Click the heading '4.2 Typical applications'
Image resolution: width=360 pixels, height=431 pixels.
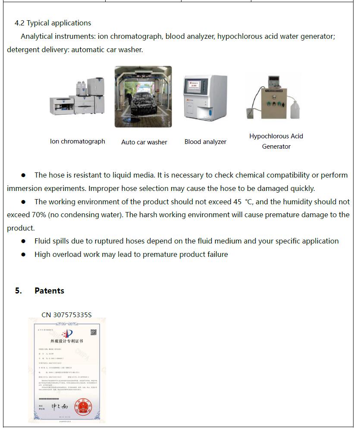tap(53, 23)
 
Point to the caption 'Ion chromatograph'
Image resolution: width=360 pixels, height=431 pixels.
tap(78, 141)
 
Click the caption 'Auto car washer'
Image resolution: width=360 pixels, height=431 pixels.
tap(144, 142)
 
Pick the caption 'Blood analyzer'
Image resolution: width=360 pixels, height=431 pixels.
tap(205, 142)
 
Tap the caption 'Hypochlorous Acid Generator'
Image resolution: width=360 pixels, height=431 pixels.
tap(276, 141)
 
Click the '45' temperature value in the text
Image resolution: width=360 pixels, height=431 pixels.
tap(237, 202)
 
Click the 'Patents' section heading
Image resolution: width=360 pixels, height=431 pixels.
tap(49, 290)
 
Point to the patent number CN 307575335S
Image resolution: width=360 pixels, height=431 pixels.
tap(66, 315)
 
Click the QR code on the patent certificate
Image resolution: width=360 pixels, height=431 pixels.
tap(93, 332)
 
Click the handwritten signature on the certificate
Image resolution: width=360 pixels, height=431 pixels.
tap(59, 406)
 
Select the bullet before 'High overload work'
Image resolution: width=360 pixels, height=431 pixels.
tap(24, 255)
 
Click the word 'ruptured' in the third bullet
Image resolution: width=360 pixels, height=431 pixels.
tap(106, 241)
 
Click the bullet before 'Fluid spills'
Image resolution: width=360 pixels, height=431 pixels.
tap(24, 241)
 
